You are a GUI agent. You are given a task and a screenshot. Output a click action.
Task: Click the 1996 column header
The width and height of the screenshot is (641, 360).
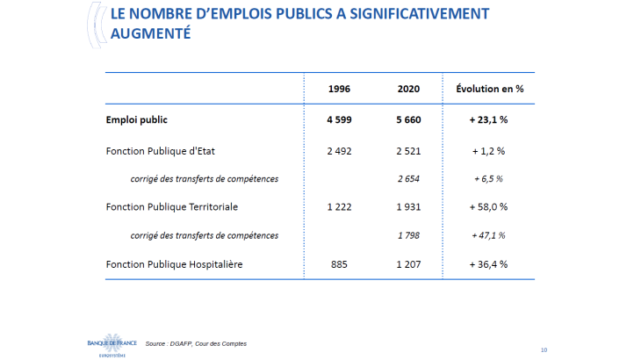pyautogui.click(x=340, y=89)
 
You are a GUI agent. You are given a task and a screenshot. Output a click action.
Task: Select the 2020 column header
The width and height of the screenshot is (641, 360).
pyautogui.click(x=408, y=89)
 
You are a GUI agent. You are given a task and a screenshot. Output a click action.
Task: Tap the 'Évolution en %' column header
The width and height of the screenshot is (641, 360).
pyautogui.click(x=489, y=89)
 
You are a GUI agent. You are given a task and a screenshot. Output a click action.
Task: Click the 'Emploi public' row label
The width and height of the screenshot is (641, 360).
pyautogui.click(x=136, y=119)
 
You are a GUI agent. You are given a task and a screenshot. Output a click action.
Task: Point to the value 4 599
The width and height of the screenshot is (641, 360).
pyautogui.click(x=340, y=119)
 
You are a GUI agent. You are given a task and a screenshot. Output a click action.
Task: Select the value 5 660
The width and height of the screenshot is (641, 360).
pyautogui.click(x=408, y=119)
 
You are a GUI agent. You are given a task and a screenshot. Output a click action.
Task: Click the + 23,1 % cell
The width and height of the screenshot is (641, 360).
pyautogui.click(x=489, y=119)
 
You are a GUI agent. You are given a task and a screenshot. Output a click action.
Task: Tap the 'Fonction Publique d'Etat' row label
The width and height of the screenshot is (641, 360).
pyautogui.click(x=160, y=150)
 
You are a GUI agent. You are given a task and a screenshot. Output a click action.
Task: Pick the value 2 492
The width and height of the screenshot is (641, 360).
pyautogui.click(x=340, y=150)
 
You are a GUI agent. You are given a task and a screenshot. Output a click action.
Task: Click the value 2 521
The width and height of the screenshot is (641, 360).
pyautogui.click(x=408, y=150)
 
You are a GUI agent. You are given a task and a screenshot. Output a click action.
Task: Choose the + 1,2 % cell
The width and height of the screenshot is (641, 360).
pyautogui.click(x=489, y=150)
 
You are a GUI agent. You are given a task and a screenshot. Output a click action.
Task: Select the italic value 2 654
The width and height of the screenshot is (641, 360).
pyautogui.click(x=408, y=178)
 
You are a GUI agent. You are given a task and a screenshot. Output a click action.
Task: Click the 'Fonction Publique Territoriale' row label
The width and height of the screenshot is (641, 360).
pyautogui.click(x=171, y=206)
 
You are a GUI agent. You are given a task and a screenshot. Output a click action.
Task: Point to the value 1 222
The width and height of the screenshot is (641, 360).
pyautogui.click(x=340, y=206)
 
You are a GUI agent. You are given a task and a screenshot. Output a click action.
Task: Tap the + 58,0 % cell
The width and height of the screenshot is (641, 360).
pyautogui.click(x=489, y=206)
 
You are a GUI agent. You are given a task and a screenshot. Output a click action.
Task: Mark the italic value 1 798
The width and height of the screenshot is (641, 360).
pyautogui.click(x=408, y=235)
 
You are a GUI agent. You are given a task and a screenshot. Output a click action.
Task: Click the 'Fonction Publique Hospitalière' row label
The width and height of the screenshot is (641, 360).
pyautogui.click(x=173, y=263)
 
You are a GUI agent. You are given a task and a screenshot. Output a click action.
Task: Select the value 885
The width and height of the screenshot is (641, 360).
pyautogui.click(x=340, y=263)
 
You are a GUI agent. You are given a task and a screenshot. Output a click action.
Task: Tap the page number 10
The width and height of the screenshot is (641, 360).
pyautogui.click(x=544, y=349)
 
